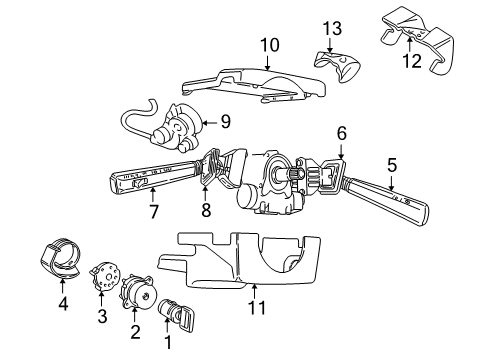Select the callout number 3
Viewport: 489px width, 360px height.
(101, 317)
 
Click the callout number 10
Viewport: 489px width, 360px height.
(268, 44)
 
